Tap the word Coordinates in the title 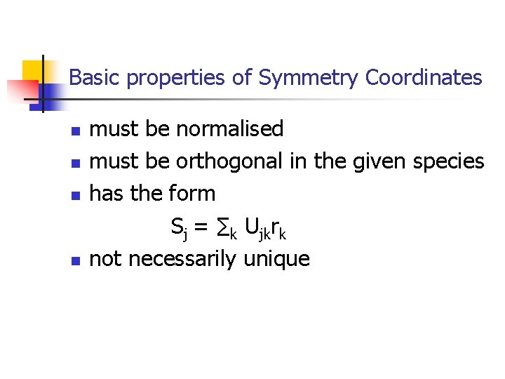(424, 77)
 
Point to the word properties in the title (176, 79)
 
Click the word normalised (229, 129)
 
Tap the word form (192, 193)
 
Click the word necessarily (182, 260)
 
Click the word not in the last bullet (105, 260)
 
